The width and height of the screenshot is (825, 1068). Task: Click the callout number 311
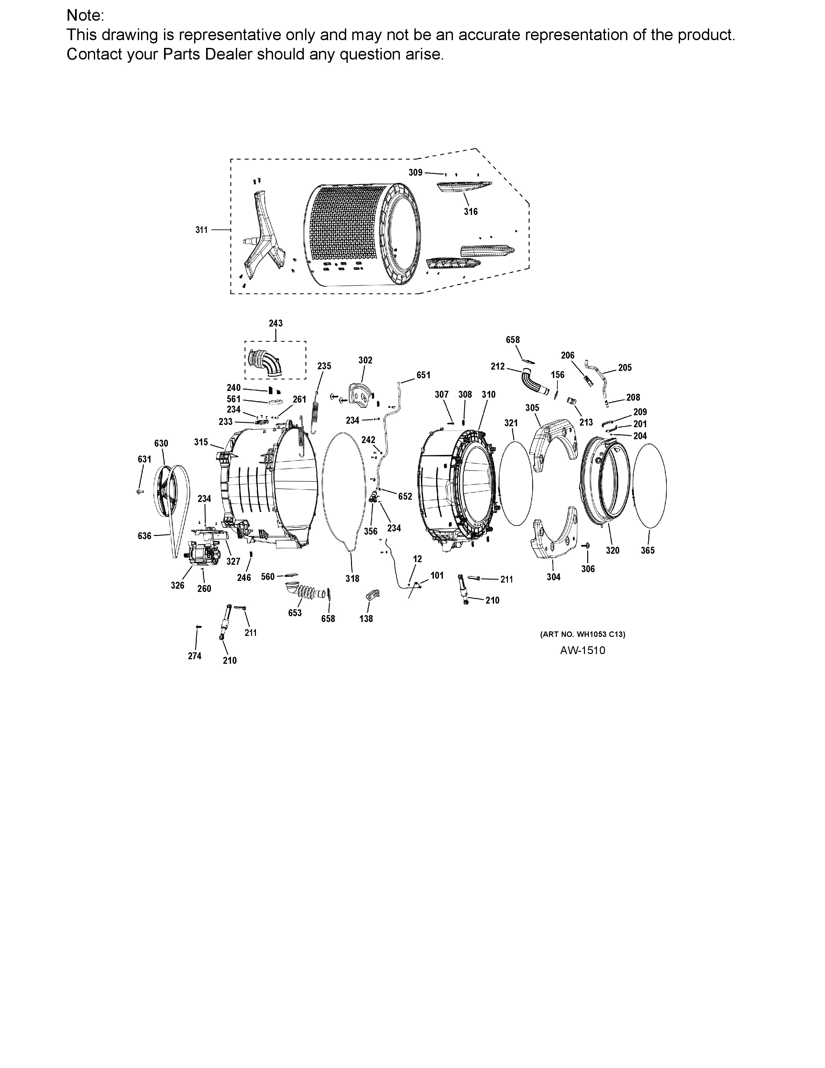tap(201, 230)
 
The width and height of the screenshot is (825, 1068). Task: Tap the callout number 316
tap(471, 212)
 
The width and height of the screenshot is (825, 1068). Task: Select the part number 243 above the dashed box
tap(276, 323)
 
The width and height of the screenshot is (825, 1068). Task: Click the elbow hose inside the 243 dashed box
tap(266, 362)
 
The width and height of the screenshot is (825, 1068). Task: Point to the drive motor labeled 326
tap(202, 554)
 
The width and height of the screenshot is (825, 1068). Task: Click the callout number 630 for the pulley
tap(161, 443)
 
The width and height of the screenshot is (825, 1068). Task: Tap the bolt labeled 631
tap(140, 491)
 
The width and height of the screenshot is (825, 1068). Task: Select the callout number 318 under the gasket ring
tap(352, 579)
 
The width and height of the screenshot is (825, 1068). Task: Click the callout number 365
tap(648, 550)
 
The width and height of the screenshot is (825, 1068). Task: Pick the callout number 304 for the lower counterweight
tap(553, 577)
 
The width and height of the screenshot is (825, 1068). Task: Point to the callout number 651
tap(423, 375)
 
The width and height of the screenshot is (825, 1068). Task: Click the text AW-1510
tap(583, 651)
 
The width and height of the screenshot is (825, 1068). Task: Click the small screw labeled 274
tap(198, 627)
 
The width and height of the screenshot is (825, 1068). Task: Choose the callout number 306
tap(588, 569)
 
